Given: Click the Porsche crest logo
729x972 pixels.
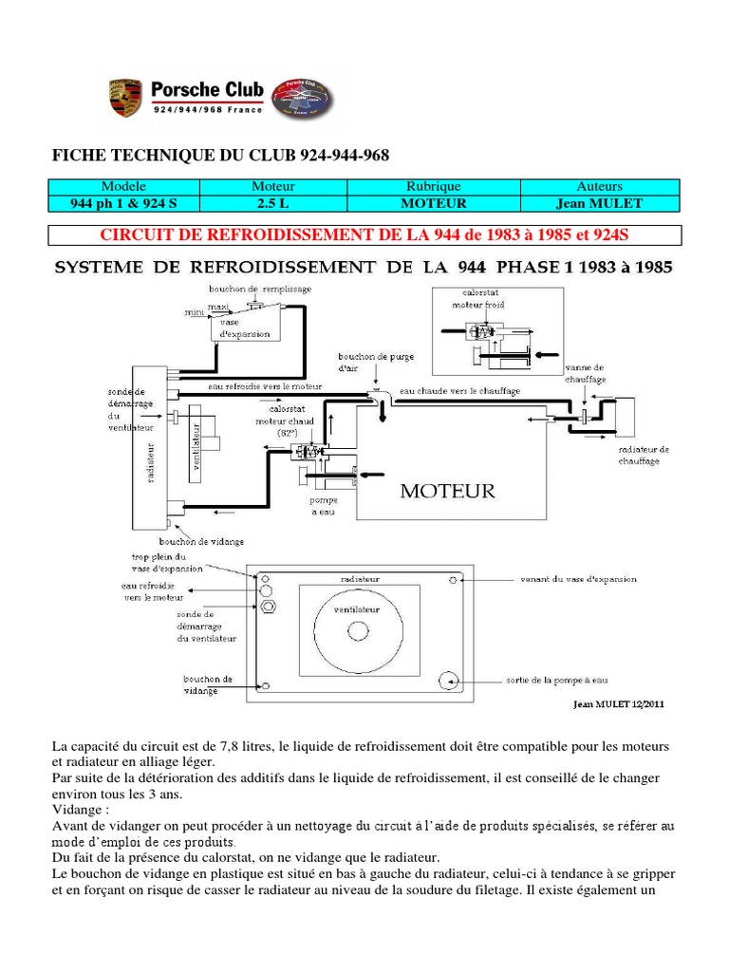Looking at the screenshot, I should click(125, 99).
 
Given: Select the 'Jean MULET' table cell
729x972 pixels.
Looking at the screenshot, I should click(599, 203).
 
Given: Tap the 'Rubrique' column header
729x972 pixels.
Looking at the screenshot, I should click(433, 187).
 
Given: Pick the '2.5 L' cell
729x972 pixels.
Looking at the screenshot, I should click(273, 203).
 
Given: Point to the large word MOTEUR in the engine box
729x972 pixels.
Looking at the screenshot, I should click(448, 491).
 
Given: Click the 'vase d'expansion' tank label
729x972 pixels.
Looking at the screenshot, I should click(244, 327).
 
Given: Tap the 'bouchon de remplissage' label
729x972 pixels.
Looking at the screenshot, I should click(260, 289).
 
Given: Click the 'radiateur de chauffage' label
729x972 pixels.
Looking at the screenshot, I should click(644, 455).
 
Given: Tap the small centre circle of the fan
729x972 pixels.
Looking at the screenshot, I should click(358, 630).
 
